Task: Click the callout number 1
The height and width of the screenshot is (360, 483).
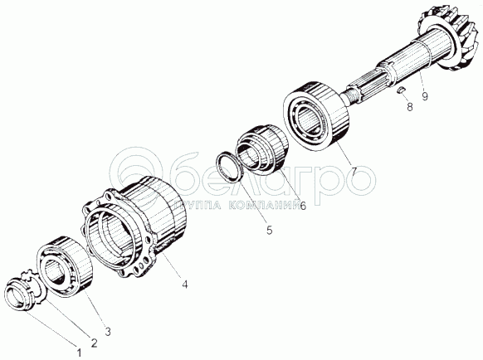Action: (79, 353)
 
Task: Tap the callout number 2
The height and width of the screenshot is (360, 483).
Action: (94, 343)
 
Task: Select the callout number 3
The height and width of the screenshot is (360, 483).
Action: (108, 332)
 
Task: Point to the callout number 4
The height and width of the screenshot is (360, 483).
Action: (184, 285)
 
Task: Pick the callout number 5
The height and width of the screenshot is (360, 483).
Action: (270, 230)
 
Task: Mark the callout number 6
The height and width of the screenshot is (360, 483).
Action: (303, 206)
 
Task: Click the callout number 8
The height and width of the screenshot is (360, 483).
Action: (410, 107)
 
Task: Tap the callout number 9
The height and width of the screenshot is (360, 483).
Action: (425, 96)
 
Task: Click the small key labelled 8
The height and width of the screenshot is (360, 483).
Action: (402, 90)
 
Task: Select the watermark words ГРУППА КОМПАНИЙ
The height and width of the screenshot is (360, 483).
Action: (238, 206)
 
